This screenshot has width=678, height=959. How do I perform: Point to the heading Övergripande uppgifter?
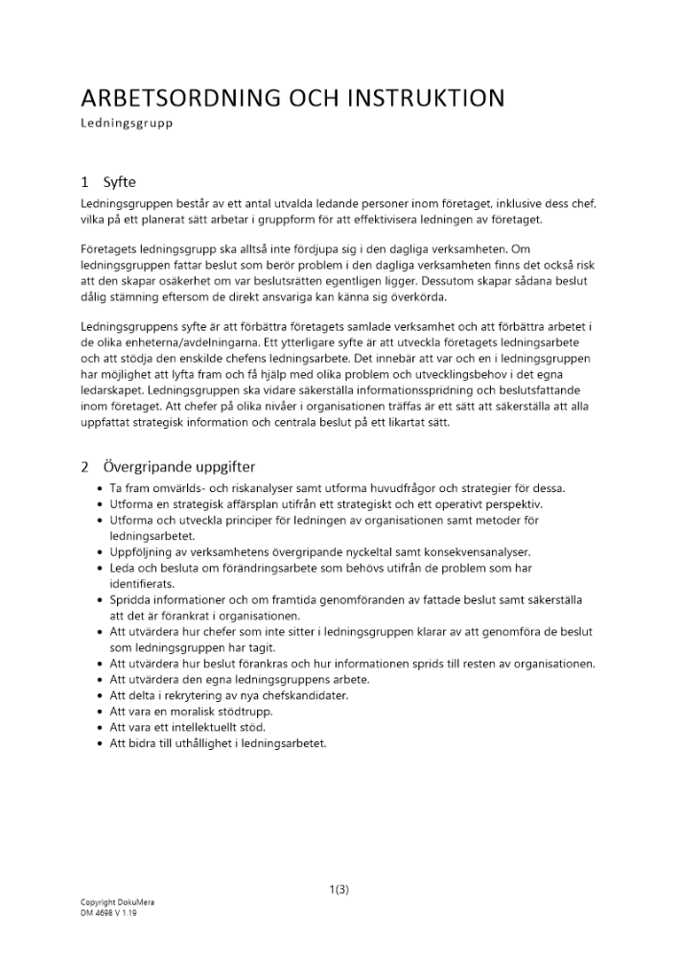click(x=179, y=467)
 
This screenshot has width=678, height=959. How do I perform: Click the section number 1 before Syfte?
click(x=85, y=181)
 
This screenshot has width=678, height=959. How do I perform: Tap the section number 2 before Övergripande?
click(x=85, y=467)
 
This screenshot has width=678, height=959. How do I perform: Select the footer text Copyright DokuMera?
click(x=111, y=902)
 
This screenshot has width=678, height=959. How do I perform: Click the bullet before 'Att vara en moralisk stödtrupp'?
click(x=101, y=711)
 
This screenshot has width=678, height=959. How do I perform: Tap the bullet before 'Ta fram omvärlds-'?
click(x=101, y=488)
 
